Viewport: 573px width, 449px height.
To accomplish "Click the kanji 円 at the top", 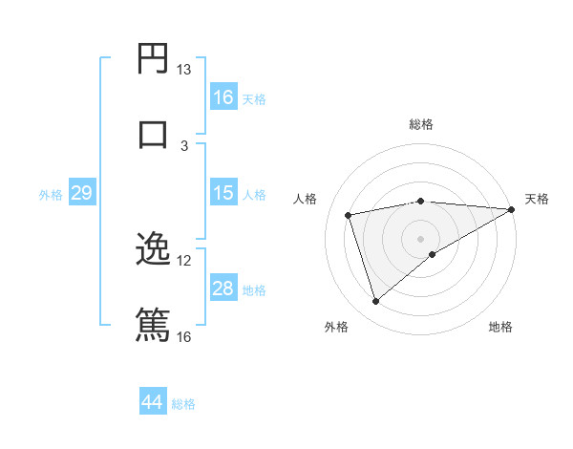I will pos(153,58).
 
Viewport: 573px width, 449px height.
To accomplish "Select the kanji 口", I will pos(153,133).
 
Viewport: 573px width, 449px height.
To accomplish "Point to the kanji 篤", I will pos(153,323).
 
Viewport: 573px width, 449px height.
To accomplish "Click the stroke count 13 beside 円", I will pos(183,70).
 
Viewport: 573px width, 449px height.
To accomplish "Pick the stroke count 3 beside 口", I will pos(184,145).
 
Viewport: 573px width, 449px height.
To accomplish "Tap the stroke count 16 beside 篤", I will pos(183,335).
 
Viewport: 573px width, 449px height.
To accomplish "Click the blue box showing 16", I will pos(223,97).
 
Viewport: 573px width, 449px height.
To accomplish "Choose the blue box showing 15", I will pos(223,193).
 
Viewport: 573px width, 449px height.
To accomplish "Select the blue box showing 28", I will pos(223,289).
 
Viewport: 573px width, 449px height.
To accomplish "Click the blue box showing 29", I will pos(81,193).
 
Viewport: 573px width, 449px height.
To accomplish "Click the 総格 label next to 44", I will pos(183,404).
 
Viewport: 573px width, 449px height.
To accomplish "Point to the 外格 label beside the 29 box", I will pos(51,195).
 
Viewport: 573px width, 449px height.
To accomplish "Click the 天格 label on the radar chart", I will pos(537,199).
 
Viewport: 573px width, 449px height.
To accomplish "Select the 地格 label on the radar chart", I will pos(500,327).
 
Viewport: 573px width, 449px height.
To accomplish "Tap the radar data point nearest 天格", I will pos(512,209).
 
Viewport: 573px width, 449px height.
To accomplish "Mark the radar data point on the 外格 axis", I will pos(375,302).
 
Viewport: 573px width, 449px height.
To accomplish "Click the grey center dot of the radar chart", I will pos(421,238).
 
